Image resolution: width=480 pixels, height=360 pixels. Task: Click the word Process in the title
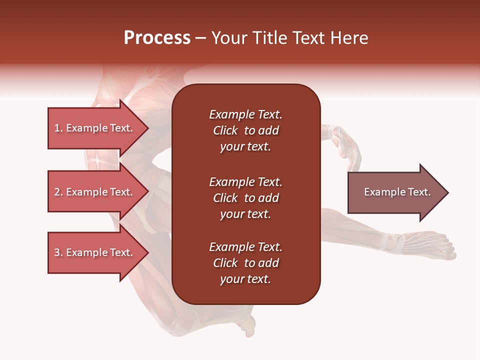click(x=157, y=38)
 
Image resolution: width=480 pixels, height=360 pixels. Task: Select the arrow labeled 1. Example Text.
click(x=95, y=128)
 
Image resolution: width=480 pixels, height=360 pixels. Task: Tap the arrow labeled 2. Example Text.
click(x=95, y=192)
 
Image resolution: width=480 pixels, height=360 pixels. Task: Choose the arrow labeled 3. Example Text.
click(x=95, y=252)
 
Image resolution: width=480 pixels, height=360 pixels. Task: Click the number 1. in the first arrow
click(x=58, y=128)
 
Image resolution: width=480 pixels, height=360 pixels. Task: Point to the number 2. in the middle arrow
click(x=58, y=192)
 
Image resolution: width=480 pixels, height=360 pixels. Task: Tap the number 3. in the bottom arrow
click(x=58, y=252)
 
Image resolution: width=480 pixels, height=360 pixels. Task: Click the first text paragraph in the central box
click(x=245, y=130)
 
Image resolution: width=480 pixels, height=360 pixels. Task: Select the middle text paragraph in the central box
click(x=245, y=198)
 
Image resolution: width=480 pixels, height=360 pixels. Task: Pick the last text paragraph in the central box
click(x=245, y=263)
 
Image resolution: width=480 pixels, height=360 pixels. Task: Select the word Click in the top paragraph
click(x=225, y=130)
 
